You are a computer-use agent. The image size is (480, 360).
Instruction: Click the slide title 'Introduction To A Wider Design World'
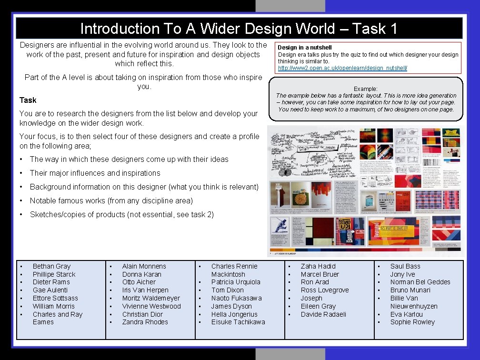coord(239,29)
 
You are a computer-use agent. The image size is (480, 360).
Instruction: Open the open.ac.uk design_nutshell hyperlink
coord(342,68)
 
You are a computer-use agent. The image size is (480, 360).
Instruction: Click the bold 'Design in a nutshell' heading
coord(305,47)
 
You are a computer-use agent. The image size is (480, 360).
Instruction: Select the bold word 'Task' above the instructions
coord(28,100)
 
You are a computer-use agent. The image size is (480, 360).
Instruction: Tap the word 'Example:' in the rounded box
coord(366,89)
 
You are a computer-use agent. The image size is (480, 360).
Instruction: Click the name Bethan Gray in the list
coord(51,266)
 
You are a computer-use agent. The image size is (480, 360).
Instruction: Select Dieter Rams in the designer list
coord(51,282)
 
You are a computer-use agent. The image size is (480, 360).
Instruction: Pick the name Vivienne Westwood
coord(151,306)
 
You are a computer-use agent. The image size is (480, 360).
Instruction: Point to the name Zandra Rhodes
coord(145,322)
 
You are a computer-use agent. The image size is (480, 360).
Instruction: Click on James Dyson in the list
coord(231,306)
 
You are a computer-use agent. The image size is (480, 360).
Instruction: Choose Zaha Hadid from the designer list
coord(318,266)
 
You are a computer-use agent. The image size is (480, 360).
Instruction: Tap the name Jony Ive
coord(402,274)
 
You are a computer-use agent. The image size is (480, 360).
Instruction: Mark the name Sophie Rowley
coord(412,322)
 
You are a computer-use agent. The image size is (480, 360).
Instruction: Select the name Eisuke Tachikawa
coord(238,322)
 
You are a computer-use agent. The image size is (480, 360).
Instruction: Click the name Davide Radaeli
coord(323,314)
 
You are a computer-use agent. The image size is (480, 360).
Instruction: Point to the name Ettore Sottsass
coord(55,298)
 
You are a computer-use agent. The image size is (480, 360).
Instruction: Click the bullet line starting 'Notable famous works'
coord(111,200)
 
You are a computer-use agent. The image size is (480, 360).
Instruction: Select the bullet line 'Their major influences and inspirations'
coord(95,173)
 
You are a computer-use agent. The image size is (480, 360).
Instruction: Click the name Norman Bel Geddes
coord(420,282)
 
